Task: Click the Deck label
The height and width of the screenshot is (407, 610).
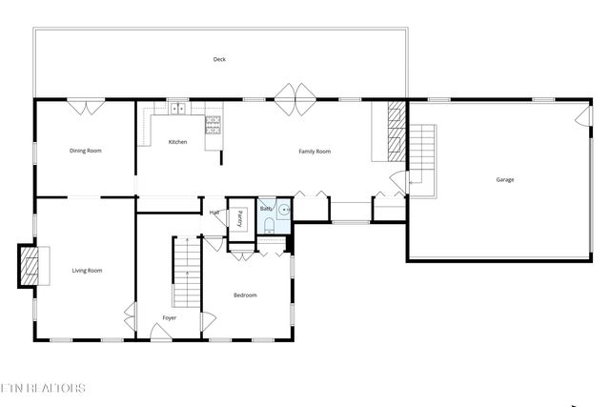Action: coord(220,60)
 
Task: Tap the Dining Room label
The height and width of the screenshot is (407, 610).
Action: coord(86,151)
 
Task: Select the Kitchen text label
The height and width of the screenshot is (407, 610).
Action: coord(177,142)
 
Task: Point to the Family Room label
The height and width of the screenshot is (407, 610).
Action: coord(315,151)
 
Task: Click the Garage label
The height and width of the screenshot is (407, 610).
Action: coord(504,179)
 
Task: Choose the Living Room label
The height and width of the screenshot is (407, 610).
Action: coord(87,271)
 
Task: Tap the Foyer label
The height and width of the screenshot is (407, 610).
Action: coord(169,317)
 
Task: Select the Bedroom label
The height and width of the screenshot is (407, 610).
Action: coord(245,295)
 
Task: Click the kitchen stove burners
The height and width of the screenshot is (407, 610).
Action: coord(213,124)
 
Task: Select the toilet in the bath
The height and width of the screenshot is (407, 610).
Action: coord(270,225)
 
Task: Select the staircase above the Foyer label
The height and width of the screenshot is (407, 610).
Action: coord(187,272)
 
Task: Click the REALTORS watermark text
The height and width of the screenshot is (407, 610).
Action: coord(45,388)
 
